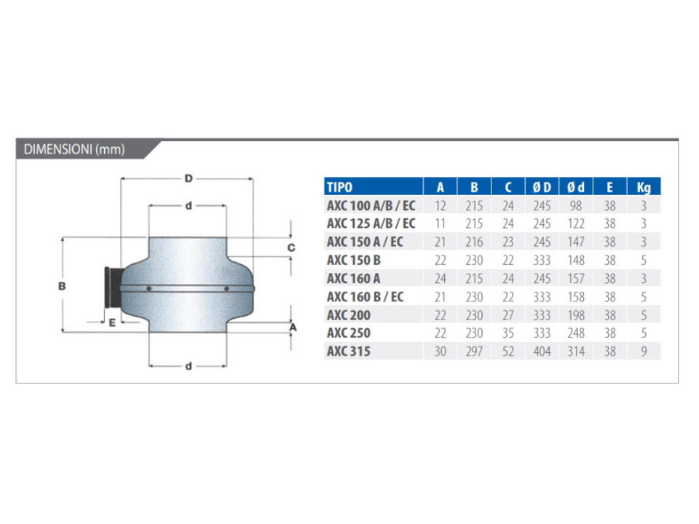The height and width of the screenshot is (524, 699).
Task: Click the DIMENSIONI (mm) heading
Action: click(74, 149)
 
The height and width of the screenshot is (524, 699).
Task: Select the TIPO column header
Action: click(339, 187)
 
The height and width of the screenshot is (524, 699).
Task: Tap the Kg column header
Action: click(643, 187)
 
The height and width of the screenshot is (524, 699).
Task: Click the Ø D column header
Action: click(542, 187)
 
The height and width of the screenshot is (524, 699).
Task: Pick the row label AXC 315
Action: click(349, 351)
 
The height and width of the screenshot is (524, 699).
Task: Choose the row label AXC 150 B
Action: click(354, 260)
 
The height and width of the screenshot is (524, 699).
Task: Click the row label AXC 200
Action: click(349, 315)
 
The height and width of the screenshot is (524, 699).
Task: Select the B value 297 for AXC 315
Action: click(474, 352)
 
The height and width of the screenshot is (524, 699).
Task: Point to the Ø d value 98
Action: click(575, 206)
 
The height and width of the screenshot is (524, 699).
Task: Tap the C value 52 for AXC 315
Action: click(508, 352)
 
